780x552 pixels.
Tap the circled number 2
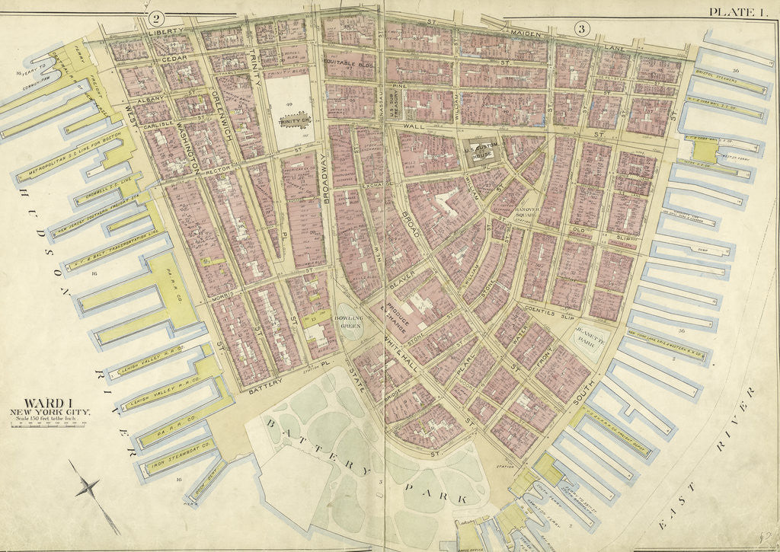(157, 18)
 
